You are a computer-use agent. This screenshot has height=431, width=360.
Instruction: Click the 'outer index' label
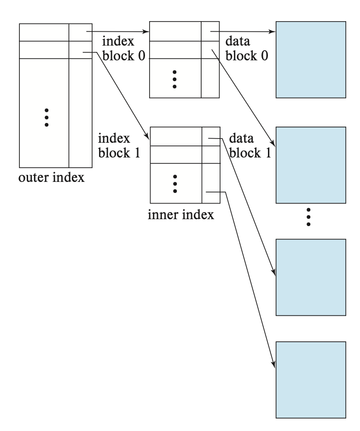[52, 177]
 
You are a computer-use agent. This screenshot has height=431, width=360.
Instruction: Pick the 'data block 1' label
[249, 146]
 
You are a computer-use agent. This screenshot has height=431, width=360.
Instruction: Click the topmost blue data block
[310, 59]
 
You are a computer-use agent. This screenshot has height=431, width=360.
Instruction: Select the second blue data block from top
[310, 165]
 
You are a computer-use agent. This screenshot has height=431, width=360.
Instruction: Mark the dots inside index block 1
[175, 183]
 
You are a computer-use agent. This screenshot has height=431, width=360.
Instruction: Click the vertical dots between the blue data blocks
[309, 217]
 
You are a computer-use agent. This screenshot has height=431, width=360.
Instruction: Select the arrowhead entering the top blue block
[273, 32]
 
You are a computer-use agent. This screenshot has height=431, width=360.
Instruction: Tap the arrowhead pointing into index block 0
[146, 32]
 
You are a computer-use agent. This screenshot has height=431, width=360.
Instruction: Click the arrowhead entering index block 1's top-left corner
[146, 137]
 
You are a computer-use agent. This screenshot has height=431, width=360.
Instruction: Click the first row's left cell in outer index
[44, 32]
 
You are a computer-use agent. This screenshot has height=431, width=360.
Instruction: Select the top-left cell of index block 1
[176, 137]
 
